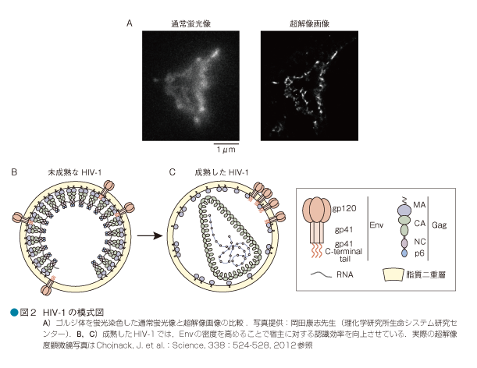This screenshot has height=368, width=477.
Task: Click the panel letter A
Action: click(x=130, y=23)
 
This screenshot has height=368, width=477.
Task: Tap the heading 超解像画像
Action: click(x=308, y=24)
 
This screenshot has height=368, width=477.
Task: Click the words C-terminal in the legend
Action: click(x=351, y=253)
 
